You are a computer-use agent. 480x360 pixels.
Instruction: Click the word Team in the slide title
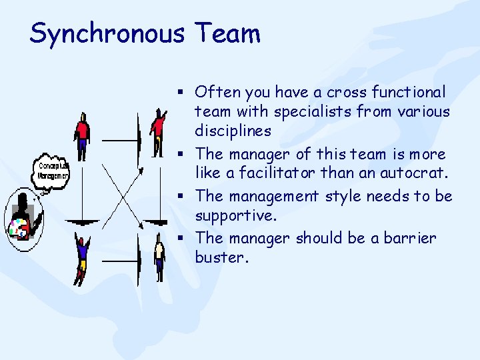pos(227,33)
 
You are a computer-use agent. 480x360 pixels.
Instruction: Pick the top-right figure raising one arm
pos(158,131)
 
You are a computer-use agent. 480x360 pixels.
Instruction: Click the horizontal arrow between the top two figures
pos(121,141)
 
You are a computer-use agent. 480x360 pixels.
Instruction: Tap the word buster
pos(221,258)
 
